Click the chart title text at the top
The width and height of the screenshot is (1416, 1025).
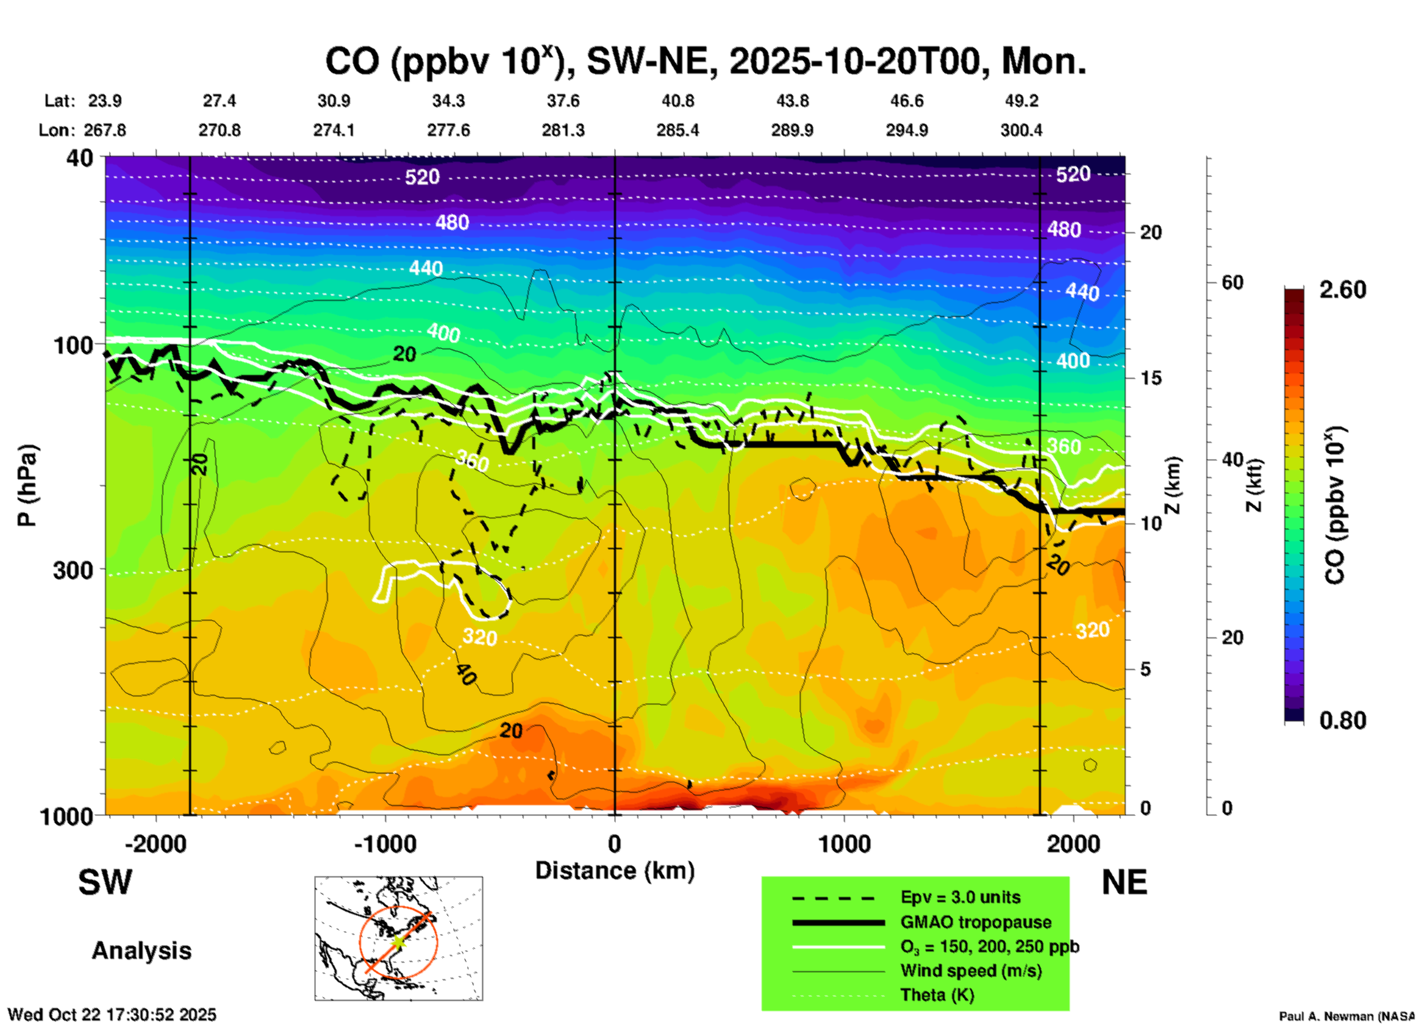click(706, 62)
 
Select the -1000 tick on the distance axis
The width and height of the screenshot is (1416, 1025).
click(385, 843)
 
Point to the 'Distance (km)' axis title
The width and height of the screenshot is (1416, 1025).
click(615, 871)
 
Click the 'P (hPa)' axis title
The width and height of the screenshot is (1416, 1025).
click(26, 485)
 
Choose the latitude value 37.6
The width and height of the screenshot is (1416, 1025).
click(563, 101)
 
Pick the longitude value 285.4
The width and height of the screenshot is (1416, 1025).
click(677, 130)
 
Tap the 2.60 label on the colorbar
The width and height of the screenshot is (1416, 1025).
click(1342, 290)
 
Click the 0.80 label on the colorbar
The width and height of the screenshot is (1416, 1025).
click(1342, 720)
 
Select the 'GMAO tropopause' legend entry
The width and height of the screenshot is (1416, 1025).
click(976, 922)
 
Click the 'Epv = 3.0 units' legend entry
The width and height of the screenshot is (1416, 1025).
click(960, 897)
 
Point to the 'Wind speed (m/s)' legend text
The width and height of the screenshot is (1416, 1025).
click(970, 971)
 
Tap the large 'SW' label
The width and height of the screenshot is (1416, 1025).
click(105, 882)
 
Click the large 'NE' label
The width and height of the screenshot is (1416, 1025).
click(1124, 882)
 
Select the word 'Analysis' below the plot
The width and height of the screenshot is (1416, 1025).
click(141, 951)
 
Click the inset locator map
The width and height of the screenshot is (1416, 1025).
click(398, 938)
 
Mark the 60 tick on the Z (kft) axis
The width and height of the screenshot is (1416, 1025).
click(1232, 282)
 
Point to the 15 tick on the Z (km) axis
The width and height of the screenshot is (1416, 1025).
click(1150, 378)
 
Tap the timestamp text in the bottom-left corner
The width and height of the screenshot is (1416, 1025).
click(112, 1015)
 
